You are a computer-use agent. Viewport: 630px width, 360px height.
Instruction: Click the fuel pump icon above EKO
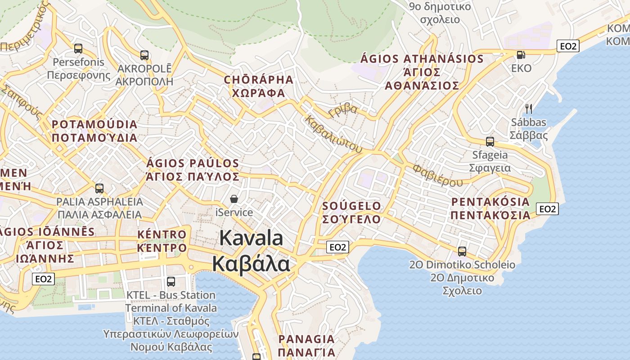click(521, 54)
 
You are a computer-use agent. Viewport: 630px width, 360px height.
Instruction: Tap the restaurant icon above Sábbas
click(529, 108)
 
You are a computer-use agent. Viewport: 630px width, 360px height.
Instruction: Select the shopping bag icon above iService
click(234, 198)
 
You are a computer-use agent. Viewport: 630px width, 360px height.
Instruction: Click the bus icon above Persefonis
click(78, 48)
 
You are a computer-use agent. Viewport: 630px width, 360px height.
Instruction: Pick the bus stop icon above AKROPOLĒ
click(144, 55)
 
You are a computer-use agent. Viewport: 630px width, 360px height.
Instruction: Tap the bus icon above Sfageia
click(490, 141)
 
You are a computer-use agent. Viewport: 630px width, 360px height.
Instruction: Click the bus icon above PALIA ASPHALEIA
click(99, 188)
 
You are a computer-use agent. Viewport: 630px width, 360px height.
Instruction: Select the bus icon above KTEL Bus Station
click(171, 282)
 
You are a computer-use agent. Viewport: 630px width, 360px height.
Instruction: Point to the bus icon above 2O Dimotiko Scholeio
click(462, 251)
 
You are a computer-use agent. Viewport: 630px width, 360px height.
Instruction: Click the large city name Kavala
click(251, 238)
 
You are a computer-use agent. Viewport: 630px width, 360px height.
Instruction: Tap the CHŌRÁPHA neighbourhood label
click(259, 80)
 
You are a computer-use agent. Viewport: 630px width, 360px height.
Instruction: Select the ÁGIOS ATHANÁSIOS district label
click(422, 59)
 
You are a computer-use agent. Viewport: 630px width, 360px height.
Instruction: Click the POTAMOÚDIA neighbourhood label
click(94, 125)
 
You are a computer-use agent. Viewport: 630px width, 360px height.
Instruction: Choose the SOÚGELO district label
click(352, 206)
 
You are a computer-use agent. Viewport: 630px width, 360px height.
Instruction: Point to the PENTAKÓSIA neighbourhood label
click(490, 202)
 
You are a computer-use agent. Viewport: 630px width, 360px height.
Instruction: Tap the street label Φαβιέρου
click(437, 175)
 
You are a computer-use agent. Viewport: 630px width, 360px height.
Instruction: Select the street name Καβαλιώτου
click(333, 134)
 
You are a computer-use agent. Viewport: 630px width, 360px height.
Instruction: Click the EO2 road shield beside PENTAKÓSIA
click(547, 209)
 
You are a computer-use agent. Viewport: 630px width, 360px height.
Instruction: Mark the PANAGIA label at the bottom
click(306, 339)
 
